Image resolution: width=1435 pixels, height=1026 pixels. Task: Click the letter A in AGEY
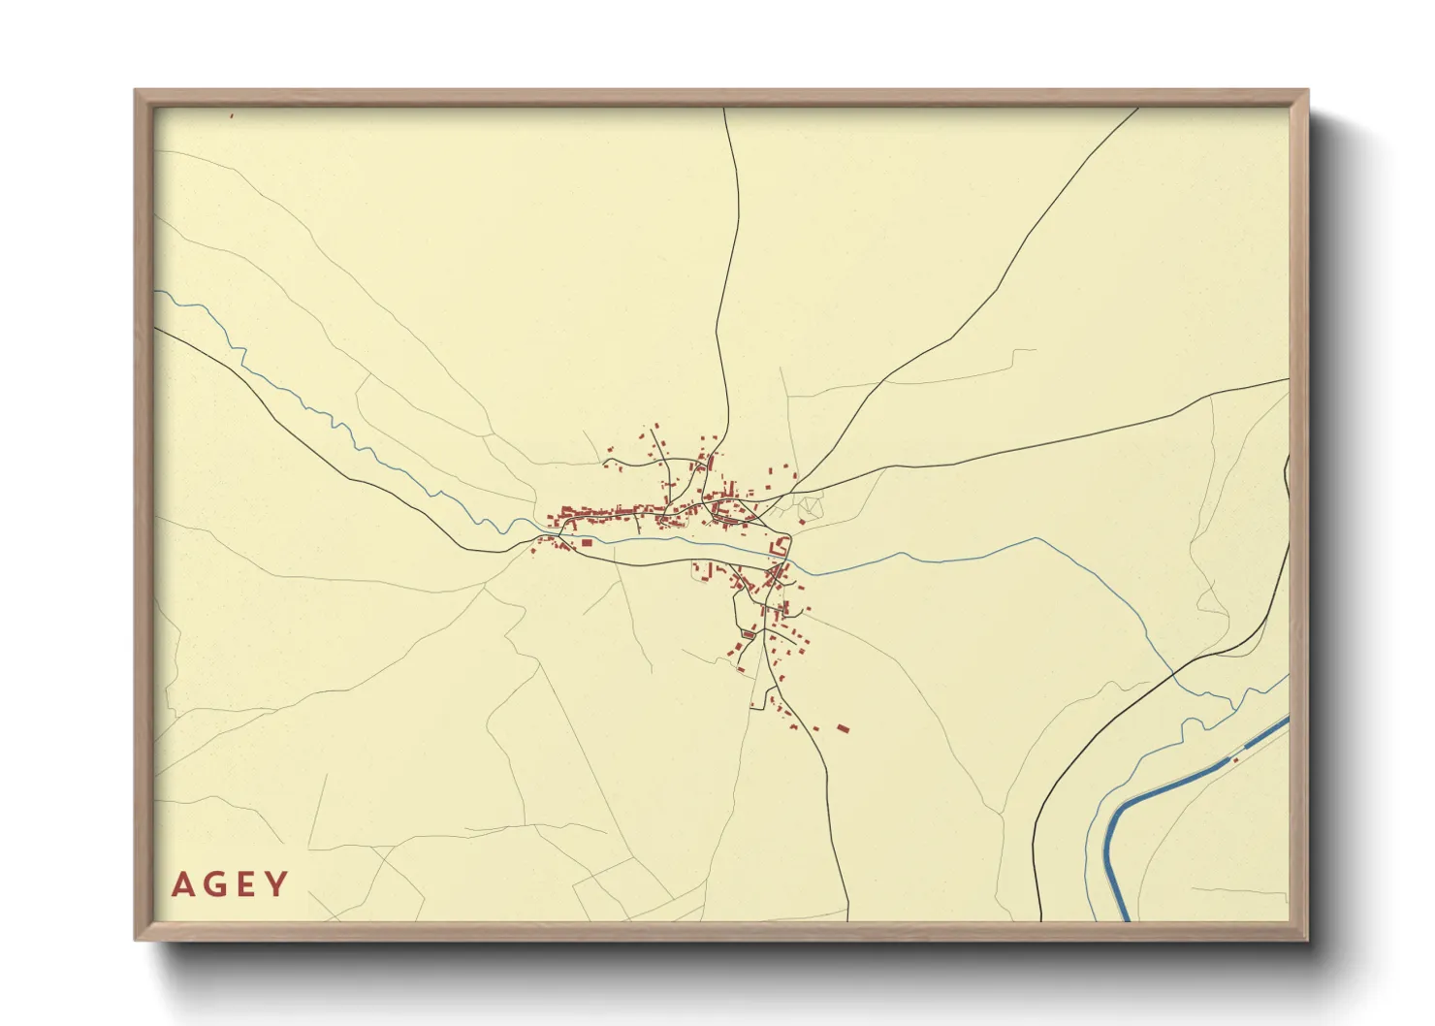click(x=181, y=884)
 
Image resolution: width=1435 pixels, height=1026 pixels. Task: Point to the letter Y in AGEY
click(x=277, y=884)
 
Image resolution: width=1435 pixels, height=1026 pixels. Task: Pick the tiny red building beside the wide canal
click(x=1235, y=760)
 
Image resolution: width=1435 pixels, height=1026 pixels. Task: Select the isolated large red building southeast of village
click(x=843, y=727)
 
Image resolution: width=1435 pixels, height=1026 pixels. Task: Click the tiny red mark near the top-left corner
click(x=232, y=114)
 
